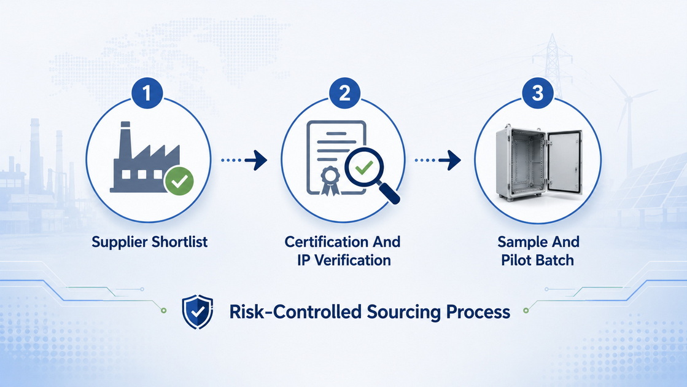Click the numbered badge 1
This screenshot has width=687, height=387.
coord(147,93)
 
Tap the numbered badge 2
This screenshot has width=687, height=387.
coord(345,93)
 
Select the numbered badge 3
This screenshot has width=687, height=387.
coord(538,93)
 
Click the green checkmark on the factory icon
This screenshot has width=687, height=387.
coord(179,181)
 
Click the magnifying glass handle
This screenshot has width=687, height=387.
coord(389,193)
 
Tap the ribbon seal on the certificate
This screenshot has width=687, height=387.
coord(330,181)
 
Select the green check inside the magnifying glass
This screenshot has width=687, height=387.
coord(363,167)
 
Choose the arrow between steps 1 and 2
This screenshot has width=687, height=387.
coord(244,160)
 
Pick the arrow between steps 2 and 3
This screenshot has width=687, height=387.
coord(438,160)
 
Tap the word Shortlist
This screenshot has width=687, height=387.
coord(180,241)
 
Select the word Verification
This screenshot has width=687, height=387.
coord(352,260)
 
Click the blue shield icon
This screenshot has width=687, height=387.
coord(198,311)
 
